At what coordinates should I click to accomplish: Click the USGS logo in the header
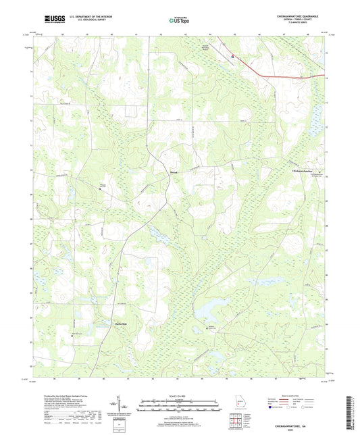tap(51, 20)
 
